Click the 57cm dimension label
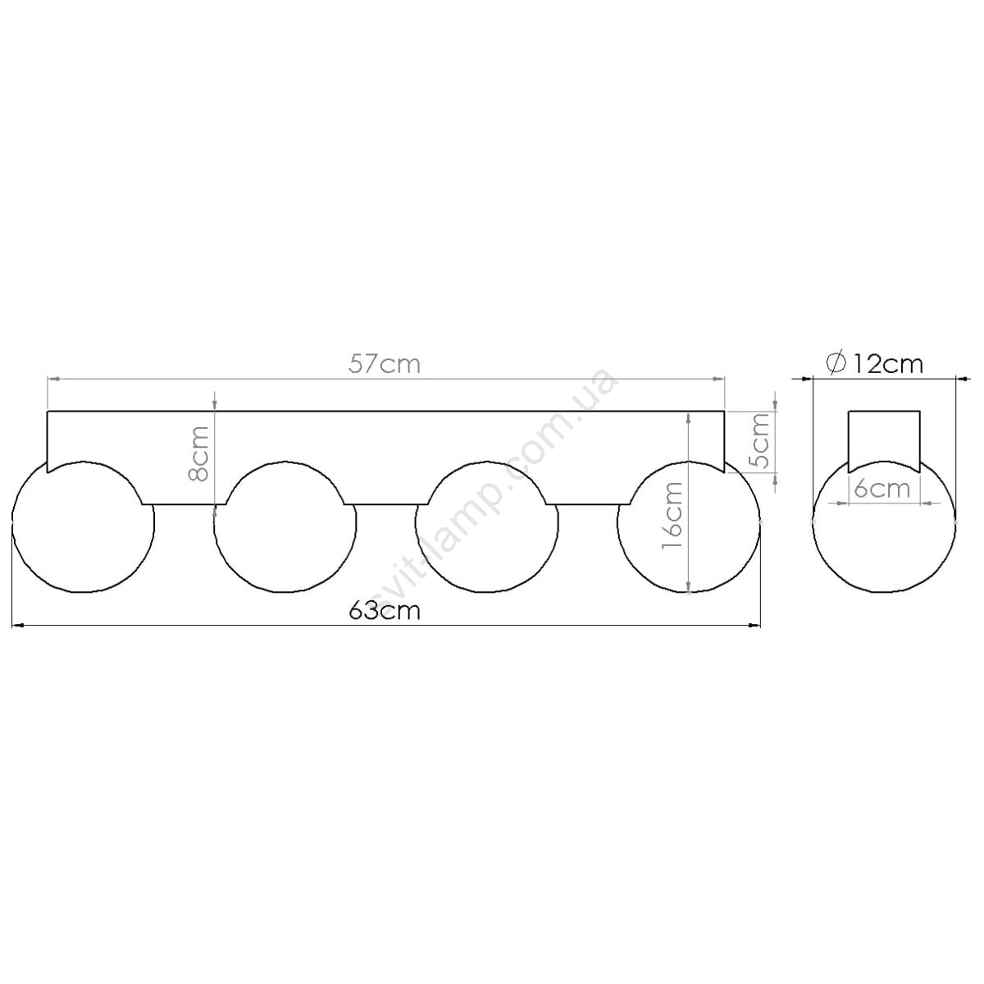click(x=385, y=365)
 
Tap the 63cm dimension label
click(x=385, y=611)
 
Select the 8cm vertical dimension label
click(x=198, y=454)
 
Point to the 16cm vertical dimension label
click(x=672, y=515)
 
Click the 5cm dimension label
click(x=758, y=442)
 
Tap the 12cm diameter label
click(x=888, y=364)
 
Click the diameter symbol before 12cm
click(x=836, y=364)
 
